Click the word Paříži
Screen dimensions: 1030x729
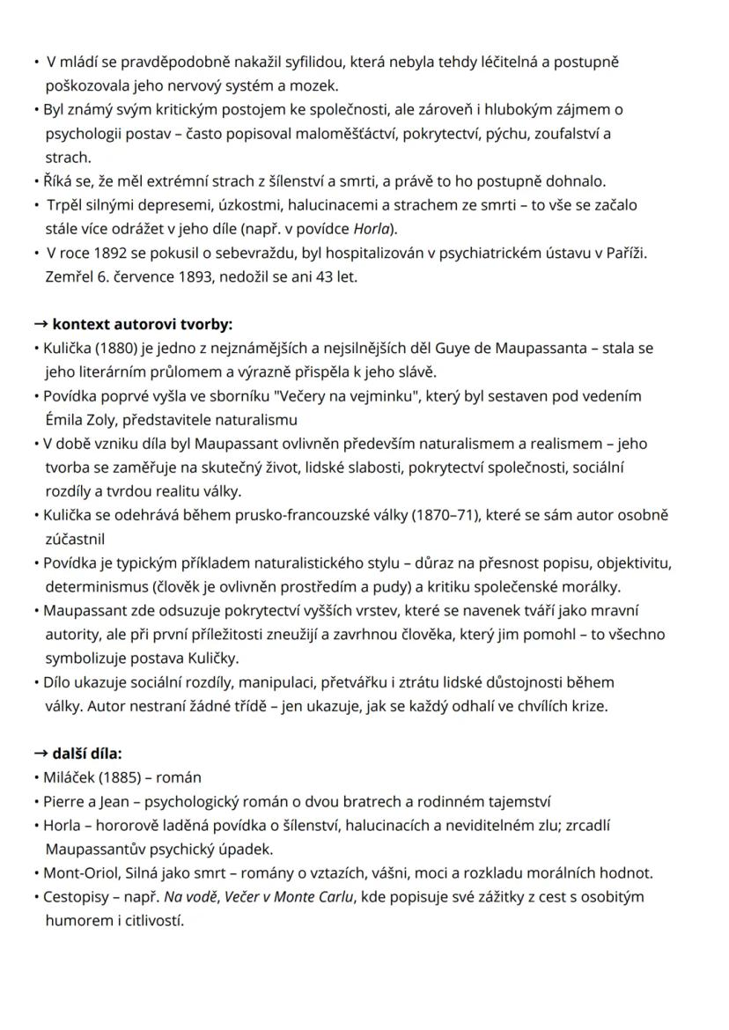(624, 254)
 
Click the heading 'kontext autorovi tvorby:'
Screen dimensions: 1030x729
(143, 323)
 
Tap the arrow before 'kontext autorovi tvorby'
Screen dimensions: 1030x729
(40, 323)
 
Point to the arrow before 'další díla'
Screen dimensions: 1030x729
(40, 753)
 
